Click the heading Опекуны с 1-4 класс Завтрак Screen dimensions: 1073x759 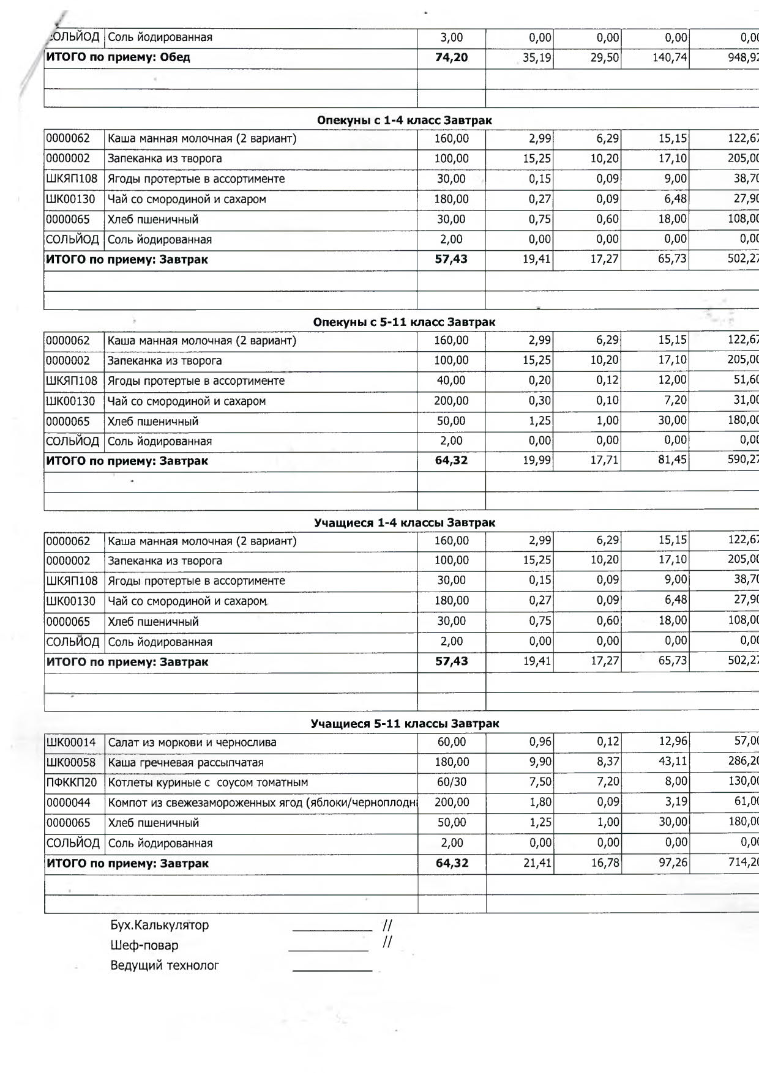(404, 121)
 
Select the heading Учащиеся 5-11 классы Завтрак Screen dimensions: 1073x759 (405, 724)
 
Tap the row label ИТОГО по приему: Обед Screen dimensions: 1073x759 (118, 58)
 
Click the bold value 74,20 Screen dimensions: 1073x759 (452, 58)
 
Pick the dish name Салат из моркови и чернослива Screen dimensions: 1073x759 (192, 743)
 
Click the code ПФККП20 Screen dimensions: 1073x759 (71, 782)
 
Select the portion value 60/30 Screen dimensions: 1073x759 (452, 782)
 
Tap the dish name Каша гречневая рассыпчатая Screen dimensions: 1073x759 (185, 763)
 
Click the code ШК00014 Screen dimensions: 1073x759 (71, 743)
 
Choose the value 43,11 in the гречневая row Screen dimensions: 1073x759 (673, 762)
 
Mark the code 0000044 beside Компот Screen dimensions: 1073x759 (69, 803)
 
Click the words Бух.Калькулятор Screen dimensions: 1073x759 (160, 925)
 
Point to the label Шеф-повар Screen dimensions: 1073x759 (144, 945)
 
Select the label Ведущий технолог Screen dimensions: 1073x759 (165, 965)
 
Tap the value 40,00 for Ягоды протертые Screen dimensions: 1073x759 (451, 381)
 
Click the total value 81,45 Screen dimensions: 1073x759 (673, 459)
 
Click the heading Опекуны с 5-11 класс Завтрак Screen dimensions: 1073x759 (404, 322)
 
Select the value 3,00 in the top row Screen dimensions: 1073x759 (452, 37)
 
